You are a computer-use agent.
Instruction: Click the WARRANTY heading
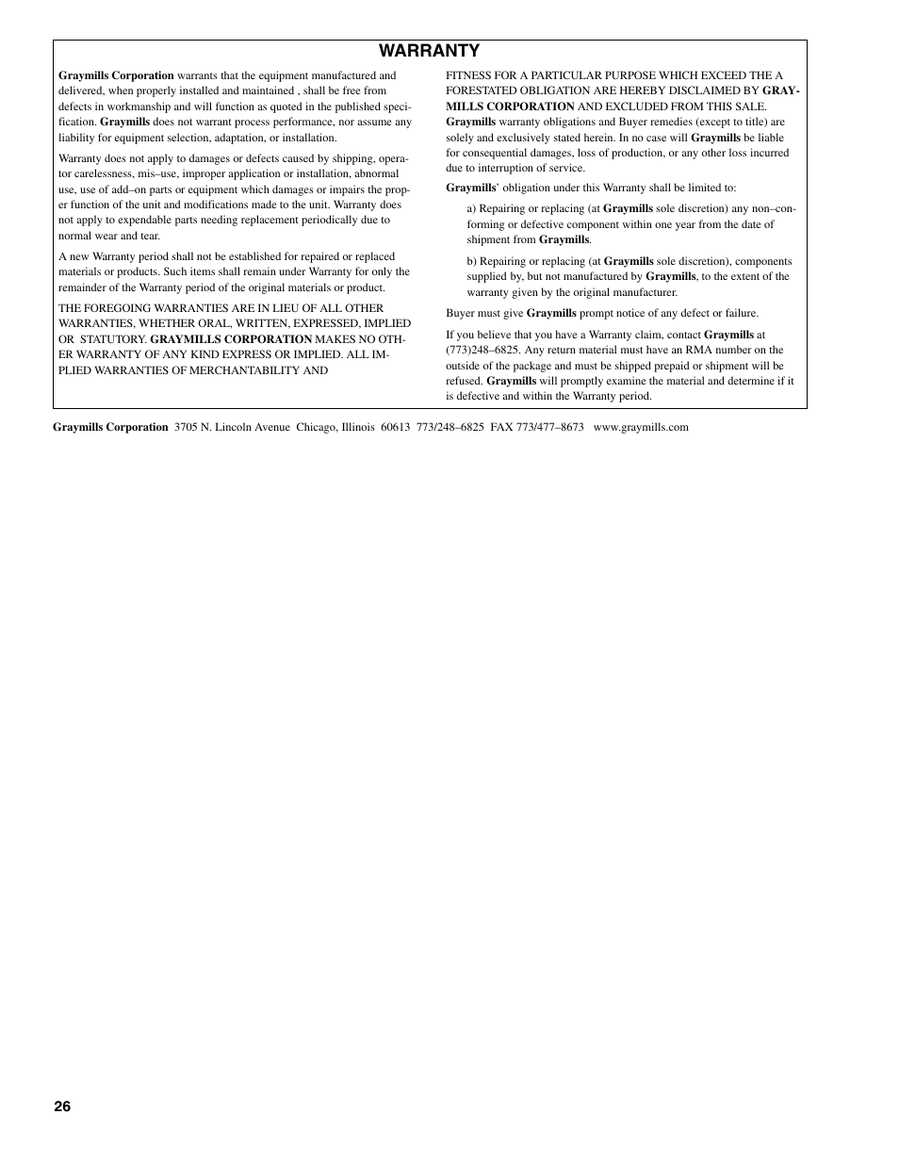pos(429,51)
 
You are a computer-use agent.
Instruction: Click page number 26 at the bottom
pos(62,1106)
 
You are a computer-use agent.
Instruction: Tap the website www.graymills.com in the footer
pos(641,427)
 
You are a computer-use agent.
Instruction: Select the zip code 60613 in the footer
pos(395,427)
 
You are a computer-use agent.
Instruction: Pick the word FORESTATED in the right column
pos(482,91)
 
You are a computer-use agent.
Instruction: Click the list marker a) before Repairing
pos(471,208)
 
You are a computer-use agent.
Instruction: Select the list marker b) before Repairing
pos(471,261)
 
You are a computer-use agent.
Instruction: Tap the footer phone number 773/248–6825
pos(449,427)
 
